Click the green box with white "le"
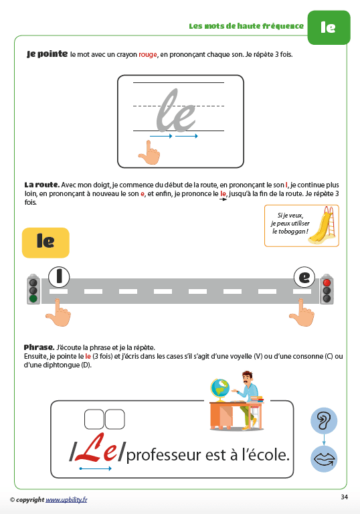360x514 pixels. point(329,27)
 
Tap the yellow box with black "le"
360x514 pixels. point(46,242)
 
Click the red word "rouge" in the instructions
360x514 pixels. point(148,54)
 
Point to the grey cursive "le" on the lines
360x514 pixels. point(176,111)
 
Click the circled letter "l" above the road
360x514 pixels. point(59,276)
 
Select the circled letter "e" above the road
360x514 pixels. point(304,277)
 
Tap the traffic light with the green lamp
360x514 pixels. point(33,289)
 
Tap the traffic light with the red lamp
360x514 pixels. point(327,289)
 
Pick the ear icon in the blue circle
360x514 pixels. point(324,420)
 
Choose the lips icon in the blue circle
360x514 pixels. point(324,459)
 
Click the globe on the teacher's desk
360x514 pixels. point(220,390)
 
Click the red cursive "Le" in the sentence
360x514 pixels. point(96,448)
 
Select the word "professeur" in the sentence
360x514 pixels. point(164,456)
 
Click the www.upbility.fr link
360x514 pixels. point(66,499)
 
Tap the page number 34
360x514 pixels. point(344,497)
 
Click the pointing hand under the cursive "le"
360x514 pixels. point(149,153)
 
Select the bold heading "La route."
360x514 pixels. point(42,185)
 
